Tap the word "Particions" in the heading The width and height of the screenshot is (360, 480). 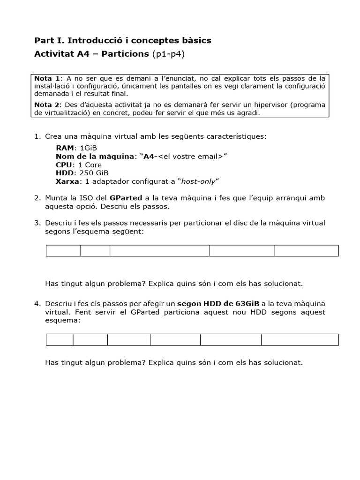126,54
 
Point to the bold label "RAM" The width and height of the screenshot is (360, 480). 65,148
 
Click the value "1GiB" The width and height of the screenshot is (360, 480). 89,148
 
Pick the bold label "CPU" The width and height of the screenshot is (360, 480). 64,165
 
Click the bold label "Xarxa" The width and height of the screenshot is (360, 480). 67,181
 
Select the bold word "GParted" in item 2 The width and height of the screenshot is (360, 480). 126,198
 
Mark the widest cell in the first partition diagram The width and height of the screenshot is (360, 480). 160,251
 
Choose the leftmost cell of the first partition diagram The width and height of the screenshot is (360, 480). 63,251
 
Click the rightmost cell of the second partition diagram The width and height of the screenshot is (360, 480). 300,339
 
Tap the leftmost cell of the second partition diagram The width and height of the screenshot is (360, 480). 60,339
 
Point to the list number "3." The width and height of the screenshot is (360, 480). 37,223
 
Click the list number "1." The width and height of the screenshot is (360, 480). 37,136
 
